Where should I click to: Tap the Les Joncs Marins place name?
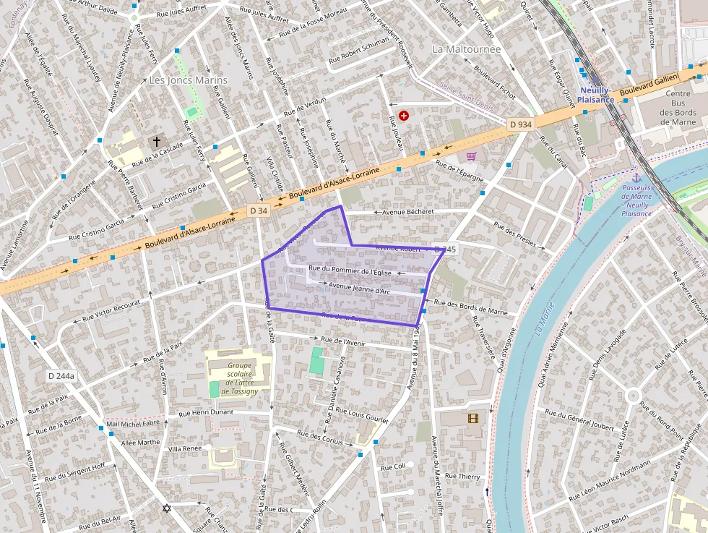[188, 80]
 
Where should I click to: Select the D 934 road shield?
[520, 124]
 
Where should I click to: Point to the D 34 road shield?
[259, 210]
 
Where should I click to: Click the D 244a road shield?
[61, 376]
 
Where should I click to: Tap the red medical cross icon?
[404, 115]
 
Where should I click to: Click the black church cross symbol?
[155, 141]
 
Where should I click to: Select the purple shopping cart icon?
[471, 156]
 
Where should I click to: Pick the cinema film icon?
[472, 418]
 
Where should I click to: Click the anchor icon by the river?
[636, 178]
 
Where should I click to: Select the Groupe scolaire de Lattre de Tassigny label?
[239, 378]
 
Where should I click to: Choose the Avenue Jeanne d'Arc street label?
[359, 289]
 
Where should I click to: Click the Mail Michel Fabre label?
[132, 423]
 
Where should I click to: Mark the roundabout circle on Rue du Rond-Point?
[634, 395]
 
